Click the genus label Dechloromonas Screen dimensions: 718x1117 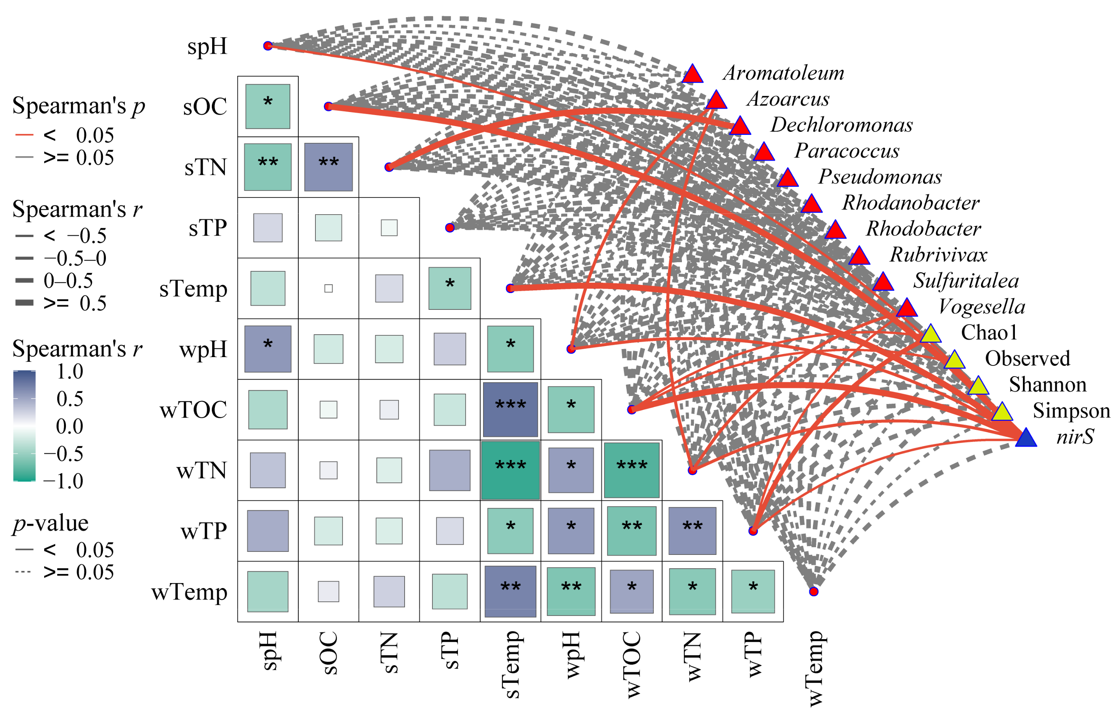[x=841, y=125]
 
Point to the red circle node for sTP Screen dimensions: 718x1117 [x=449, y=228]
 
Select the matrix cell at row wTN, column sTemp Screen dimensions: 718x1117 [x=510, y=470]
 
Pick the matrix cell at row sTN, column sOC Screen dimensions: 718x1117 [x=328, y=167]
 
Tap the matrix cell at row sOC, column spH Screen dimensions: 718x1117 [x=267, y=106]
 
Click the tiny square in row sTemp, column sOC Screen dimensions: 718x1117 [x=328, y=288]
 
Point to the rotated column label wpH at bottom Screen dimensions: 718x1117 [x=572, y=655]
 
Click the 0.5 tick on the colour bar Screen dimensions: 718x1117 [x=69, y=399]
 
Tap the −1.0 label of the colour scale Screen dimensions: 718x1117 [x=63, y=481]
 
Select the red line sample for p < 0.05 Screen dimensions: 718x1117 [x=24, y=135]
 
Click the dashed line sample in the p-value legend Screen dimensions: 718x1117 [x=23, y=572]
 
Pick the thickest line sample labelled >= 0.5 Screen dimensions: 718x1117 [x=24, y=303]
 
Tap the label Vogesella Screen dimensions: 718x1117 [x=981, y=307]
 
